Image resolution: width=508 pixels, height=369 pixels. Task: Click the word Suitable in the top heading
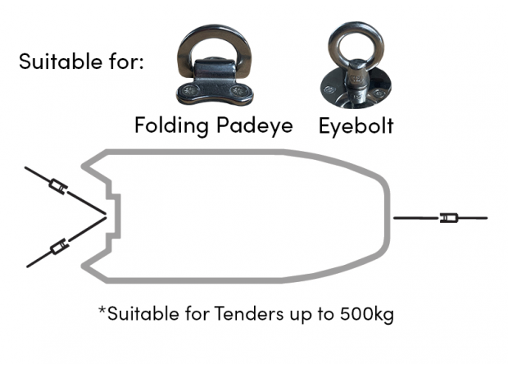click(61, 61)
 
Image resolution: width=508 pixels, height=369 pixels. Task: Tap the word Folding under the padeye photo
click(171, 125)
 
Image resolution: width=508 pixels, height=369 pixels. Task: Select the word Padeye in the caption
click(255, 125)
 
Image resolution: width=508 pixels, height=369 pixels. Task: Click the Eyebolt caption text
click(356, 125)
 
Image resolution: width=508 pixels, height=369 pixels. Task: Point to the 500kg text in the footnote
click(367, 314)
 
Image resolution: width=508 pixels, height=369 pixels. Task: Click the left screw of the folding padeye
click(189, 90)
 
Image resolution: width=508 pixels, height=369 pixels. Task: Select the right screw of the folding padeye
click(237, 90)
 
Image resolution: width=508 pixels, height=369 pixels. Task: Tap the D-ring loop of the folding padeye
click(215, 30)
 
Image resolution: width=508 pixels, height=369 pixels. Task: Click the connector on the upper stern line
click(58, 187)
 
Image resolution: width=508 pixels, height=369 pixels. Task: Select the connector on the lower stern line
click(59, 247)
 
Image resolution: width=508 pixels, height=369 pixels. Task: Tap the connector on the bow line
click(449, 217)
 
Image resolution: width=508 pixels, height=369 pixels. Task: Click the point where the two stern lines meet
click(106, 216)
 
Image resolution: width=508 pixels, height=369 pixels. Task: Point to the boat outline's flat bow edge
click(388, 216)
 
